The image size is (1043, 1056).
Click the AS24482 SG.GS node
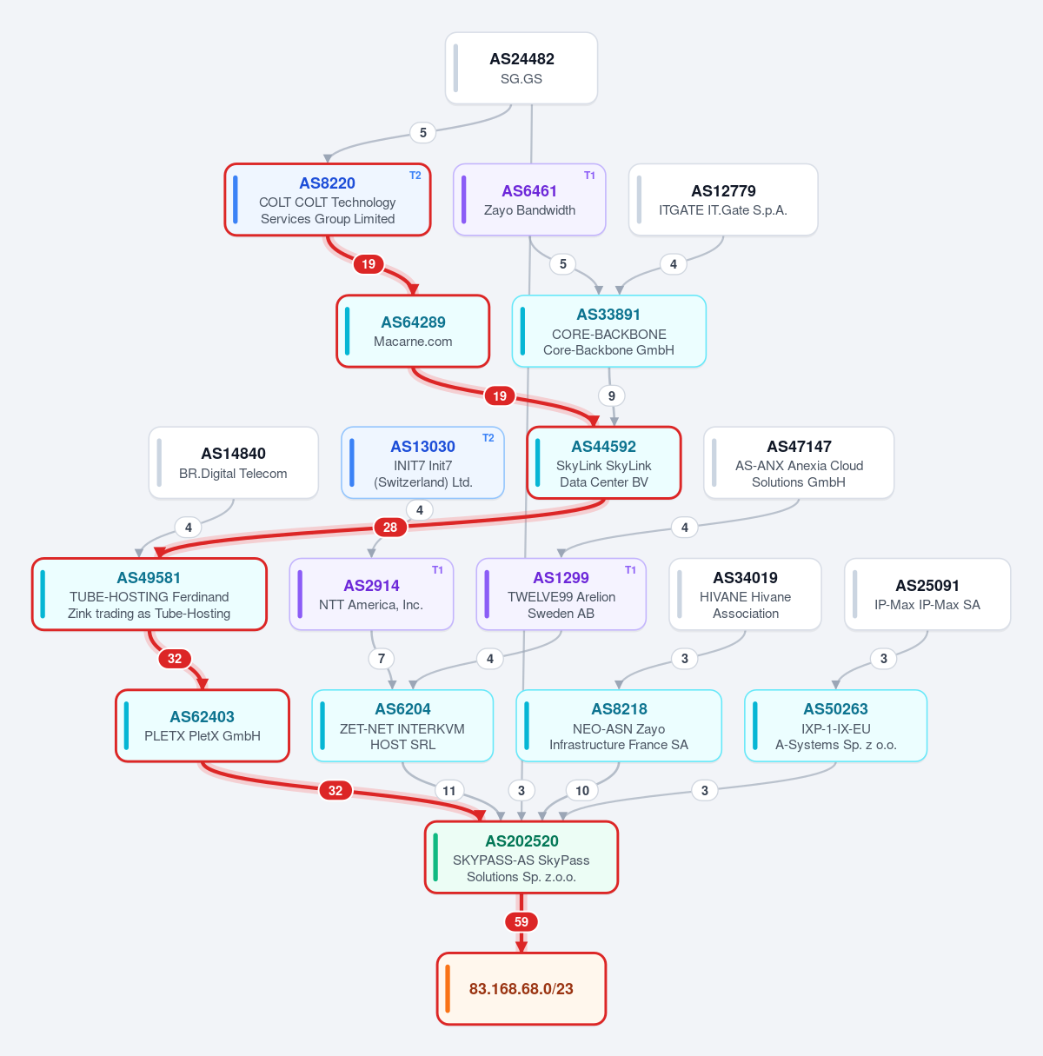pos(521,68)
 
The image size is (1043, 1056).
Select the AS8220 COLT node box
pos(327,200)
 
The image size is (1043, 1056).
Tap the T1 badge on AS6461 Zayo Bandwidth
pos(589,176)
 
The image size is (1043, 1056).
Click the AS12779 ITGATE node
pos(723,200)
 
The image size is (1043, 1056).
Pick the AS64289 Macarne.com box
pos(413,331)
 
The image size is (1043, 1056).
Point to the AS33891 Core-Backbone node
pos(609,331)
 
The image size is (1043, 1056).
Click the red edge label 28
pos(389,528)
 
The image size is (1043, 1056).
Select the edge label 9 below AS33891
pos(612,395)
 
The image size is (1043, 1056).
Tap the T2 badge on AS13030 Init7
pos(488,438)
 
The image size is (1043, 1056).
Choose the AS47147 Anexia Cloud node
pos(799,462)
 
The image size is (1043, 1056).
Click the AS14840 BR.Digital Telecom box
pos(234,462)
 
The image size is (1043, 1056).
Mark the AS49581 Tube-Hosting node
pos(149,594)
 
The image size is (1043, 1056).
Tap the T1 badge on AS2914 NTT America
pos(437,570)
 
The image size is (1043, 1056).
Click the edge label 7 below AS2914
pos(382,658)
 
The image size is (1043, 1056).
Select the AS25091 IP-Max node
pos(927,594)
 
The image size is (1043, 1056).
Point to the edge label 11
pos(448,791)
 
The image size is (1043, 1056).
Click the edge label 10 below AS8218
pos(582,791)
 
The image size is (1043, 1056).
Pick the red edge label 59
pos(521,922)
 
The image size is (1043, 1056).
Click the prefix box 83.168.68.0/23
pos(521,988)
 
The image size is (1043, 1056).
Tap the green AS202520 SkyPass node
pos(521,857)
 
